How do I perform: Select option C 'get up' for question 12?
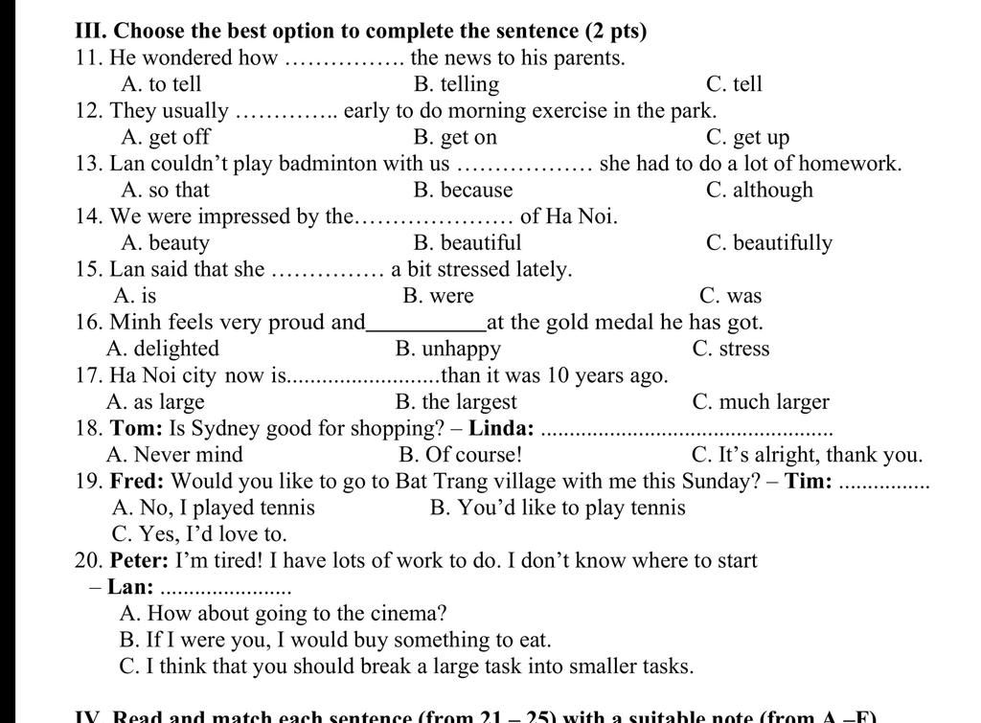click(x=747, y=138)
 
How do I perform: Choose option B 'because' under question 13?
click(x=463, y=191)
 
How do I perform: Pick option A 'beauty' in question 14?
click(x=165, y=243)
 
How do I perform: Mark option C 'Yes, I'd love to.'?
click(x=199, y=534)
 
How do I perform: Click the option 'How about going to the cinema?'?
click(x=284, y=614)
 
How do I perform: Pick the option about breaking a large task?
click(x=406, y=667)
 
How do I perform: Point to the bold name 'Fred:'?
click(x=137, y=481)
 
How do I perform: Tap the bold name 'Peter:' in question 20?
click(x=140, y=560)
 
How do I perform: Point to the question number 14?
click(x=89, y=216)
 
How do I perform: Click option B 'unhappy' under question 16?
click(x=447, y=349)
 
